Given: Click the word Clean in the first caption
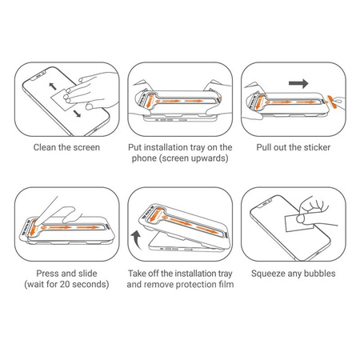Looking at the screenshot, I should point(44,148).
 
